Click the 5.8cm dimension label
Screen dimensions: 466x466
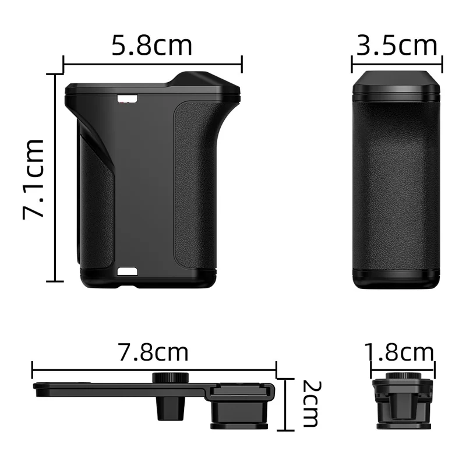point(152,45)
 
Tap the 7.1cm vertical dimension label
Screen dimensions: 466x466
point(34,178)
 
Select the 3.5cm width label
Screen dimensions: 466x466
point(397,45)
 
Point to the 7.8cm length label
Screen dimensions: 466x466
point(154,352)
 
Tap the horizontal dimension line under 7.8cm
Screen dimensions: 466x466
point(154,369)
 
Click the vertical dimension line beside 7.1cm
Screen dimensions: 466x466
point(56,178)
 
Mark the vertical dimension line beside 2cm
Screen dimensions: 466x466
point(285,404)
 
